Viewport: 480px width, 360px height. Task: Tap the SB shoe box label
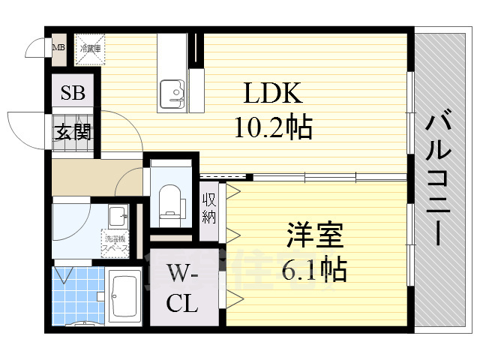pos(73,94)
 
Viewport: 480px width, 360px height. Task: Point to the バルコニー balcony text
pos(441,180)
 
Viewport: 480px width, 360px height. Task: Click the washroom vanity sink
pos(118,218)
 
